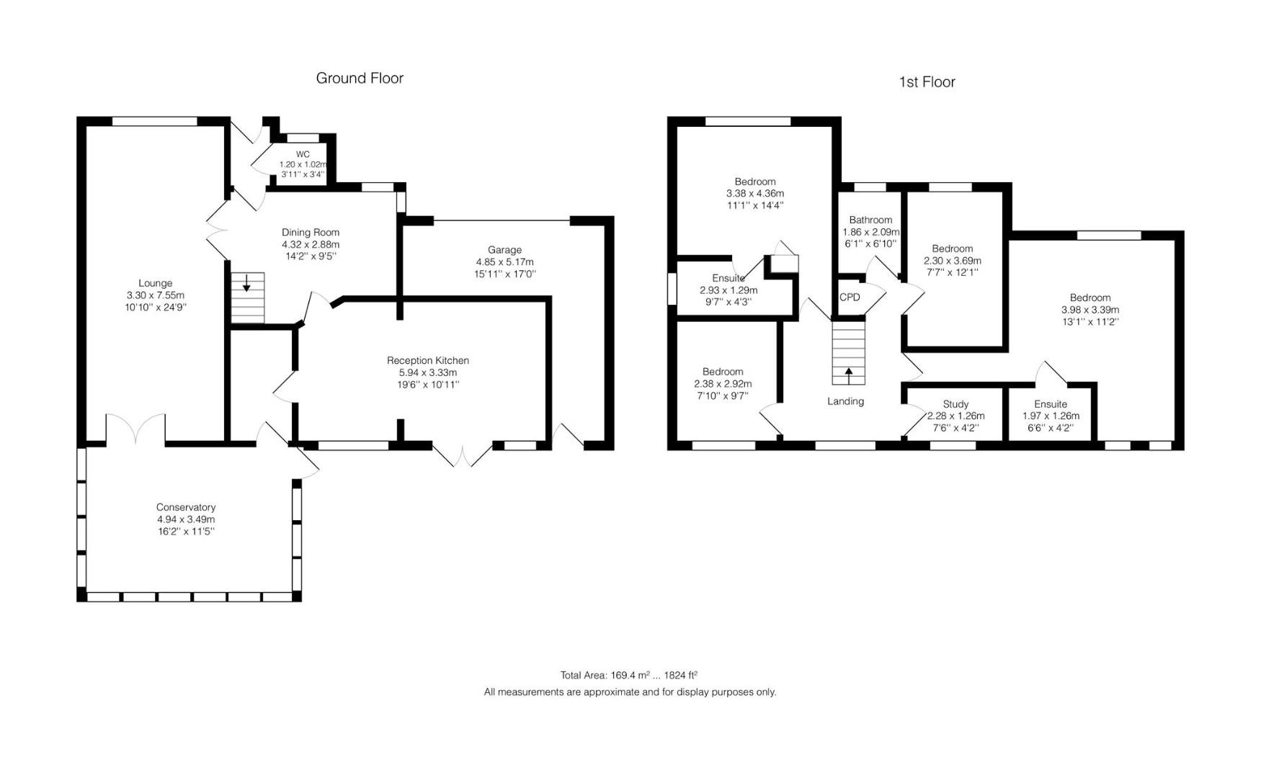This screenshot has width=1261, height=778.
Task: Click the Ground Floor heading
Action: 360,79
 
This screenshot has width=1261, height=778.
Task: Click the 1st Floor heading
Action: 927,82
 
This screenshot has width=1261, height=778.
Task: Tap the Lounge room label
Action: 155,283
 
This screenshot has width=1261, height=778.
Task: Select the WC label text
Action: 303,154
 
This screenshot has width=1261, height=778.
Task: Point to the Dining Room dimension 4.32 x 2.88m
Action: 311,244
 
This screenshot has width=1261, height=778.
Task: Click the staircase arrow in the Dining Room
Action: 246,285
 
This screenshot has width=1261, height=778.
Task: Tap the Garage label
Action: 504,250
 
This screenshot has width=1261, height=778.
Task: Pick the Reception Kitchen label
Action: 428,360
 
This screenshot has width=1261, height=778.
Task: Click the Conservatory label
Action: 186,507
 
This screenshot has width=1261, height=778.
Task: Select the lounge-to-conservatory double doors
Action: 136,429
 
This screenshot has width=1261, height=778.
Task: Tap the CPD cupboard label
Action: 850,298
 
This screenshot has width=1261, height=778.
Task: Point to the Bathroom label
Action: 870,220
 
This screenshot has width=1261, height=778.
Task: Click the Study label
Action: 955,404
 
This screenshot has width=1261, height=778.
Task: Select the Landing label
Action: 845,401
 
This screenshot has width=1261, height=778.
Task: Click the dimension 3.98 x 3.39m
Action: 1090,310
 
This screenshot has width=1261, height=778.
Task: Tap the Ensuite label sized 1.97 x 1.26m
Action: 1051,404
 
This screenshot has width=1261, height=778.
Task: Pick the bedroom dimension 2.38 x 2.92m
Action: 723,384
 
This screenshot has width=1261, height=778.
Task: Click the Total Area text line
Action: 629,675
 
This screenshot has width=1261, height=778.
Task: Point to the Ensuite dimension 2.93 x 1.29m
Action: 728,290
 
